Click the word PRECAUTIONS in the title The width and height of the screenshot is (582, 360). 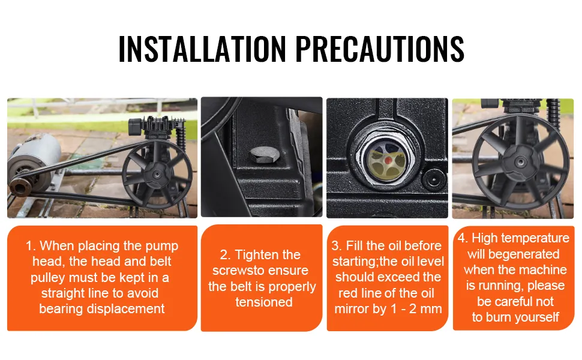tap(380, 49)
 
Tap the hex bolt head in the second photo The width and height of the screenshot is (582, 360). tap(263, 156)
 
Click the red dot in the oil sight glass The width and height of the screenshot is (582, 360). tap(388, 160)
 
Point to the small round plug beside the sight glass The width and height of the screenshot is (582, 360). tap(434, 179)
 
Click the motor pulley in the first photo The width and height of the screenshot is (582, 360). tap(20, 186)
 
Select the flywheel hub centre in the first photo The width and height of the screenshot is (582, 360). tap(157, 174)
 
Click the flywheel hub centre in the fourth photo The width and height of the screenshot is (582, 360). tap(520, 162)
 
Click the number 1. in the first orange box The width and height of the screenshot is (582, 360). tap(31, 245)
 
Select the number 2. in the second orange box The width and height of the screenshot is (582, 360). tap(226, 255)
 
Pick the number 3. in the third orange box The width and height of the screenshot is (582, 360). tap(337, 245)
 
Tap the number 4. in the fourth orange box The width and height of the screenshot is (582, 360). tap(463, 238)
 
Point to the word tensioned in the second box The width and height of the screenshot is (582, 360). tap(264, 302)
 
